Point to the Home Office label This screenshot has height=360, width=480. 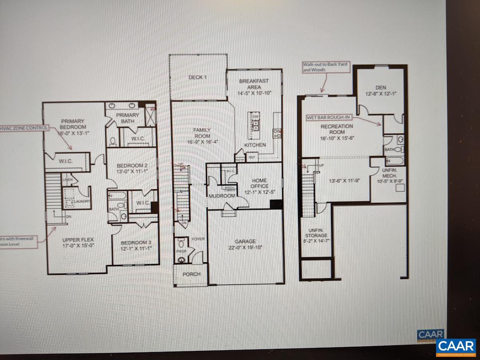(259, 183)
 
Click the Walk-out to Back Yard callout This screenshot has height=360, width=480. (326, 67)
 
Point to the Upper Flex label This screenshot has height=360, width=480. (78, 240)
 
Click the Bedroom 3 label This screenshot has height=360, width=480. (135, 243)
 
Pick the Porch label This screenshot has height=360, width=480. (192, 274)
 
